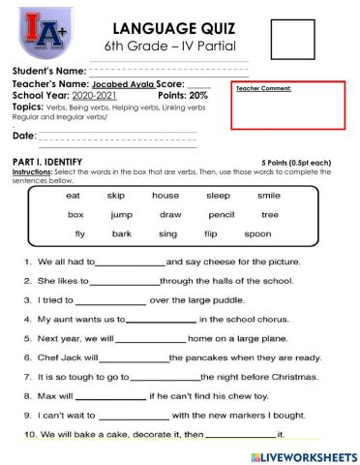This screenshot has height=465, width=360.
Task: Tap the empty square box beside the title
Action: pos(293,39)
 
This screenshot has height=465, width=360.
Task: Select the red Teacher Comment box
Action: pos(289,105)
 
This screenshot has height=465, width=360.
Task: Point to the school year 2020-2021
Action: pos(96,96)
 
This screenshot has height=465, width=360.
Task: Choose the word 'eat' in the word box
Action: pos(74,195)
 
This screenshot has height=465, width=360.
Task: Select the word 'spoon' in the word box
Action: pos(257,233)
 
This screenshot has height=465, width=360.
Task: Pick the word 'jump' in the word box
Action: pos(121,214)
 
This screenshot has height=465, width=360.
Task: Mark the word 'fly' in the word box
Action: pos(79,233)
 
